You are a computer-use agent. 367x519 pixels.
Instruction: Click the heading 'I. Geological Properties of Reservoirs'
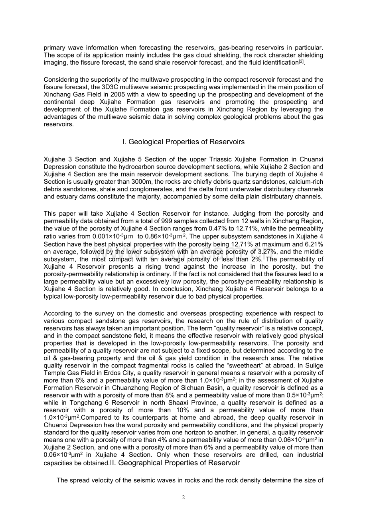(183, 142)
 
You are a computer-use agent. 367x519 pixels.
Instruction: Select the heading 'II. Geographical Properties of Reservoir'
(179, 463)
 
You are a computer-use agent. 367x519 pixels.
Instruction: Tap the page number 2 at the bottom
(183, 497)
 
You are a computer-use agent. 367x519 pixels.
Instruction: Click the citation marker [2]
(302, 61)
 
